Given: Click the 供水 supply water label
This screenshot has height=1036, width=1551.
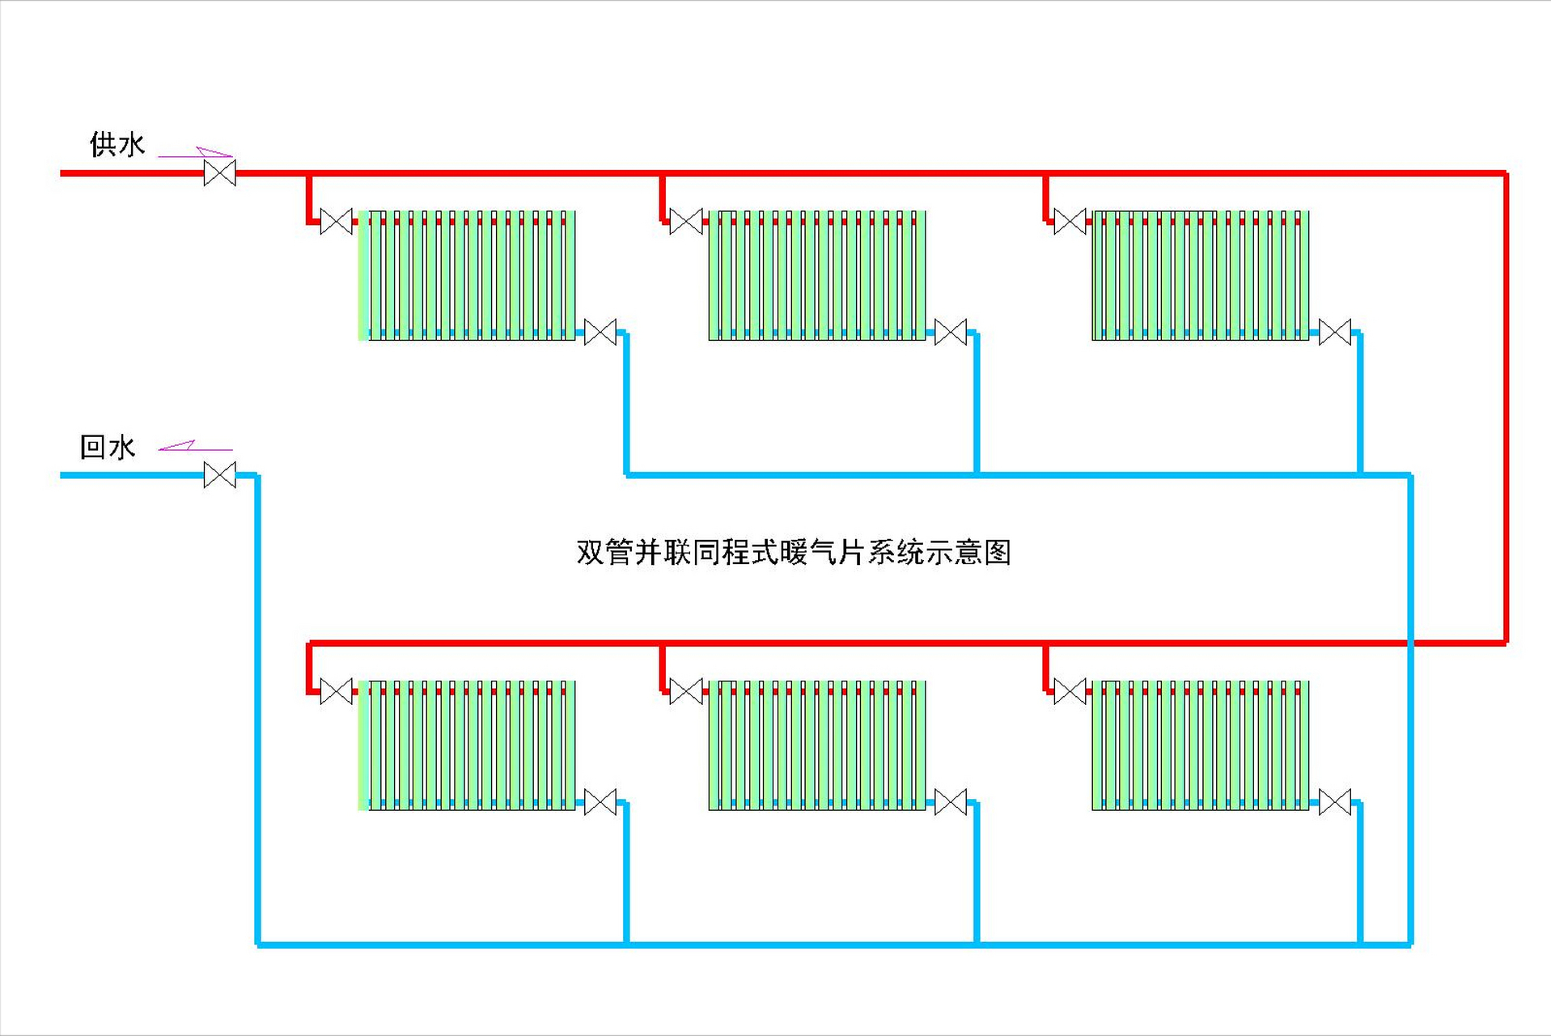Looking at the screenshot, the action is coord(117,144).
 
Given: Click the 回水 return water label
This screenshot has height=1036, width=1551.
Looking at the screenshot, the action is coord(108,447).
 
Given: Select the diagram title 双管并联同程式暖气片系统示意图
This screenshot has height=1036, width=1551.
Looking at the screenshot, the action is coord(794,552).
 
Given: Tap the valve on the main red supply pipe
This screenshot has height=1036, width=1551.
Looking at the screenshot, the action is coord(219,172).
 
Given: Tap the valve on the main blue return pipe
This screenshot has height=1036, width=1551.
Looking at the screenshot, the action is coord(219,475).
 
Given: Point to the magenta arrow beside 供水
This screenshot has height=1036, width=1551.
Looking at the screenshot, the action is coord(196,152).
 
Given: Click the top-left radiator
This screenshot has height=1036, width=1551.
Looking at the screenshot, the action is coord(467,275).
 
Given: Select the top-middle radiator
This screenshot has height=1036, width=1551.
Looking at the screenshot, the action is coord(817,275).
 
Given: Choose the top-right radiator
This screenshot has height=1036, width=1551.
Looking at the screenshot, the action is coord(1201,275).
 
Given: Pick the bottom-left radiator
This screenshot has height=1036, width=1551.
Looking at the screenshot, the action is coord(467,745).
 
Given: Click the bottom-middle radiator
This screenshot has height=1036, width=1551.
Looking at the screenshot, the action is coord(817,745).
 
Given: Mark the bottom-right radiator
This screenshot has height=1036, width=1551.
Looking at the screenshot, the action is coord(1201,745).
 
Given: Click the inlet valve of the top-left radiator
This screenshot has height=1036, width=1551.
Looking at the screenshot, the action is coord(337,221).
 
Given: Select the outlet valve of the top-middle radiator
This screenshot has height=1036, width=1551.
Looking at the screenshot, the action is coord(951,332).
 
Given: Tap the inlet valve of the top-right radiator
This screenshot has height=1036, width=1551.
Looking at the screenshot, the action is coord(1070,221).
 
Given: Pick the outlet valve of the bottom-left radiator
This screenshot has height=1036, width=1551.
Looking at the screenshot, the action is coord(600,802).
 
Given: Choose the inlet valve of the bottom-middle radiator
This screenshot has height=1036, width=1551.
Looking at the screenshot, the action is coord(686,691).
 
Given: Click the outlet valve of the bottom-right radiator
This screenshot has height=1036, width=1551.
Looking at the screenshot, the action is coord(1335,802).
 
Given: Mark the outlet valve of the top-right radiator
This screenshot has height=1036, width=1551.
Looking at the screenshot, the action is coord(1335,332).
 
